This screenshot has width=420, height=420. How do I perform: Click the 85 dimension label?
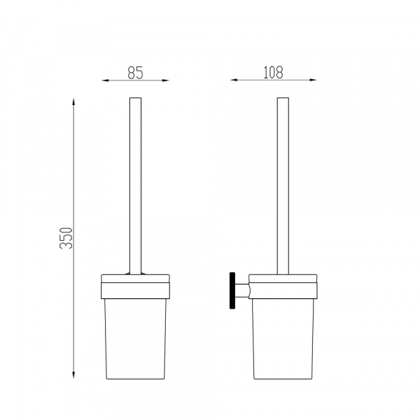click(136, 73)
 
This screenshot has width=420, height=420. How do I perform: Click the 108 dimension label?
click(273, 72)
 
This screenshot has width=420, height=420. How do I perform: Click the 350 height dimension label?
click(66, 238)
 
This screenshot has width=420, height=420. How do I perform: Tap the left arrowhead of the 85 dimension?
click(105, 80)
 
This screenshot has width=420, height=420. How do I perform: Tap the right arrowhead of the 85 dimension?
click(166, 80)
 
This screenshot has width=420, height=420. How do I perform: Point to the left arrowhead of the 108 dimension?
click(234, 80)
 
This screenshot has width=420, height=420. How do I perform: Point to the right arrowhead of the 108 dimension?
click(313, 80)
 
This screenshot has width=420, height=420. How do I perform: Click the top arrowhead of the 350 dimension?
click(73, 101)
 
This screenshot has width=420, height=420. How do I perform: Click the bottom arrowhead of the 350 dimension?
click(73, 375)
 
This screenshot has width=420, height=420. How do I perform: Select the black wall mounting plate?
click(232, 290)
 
